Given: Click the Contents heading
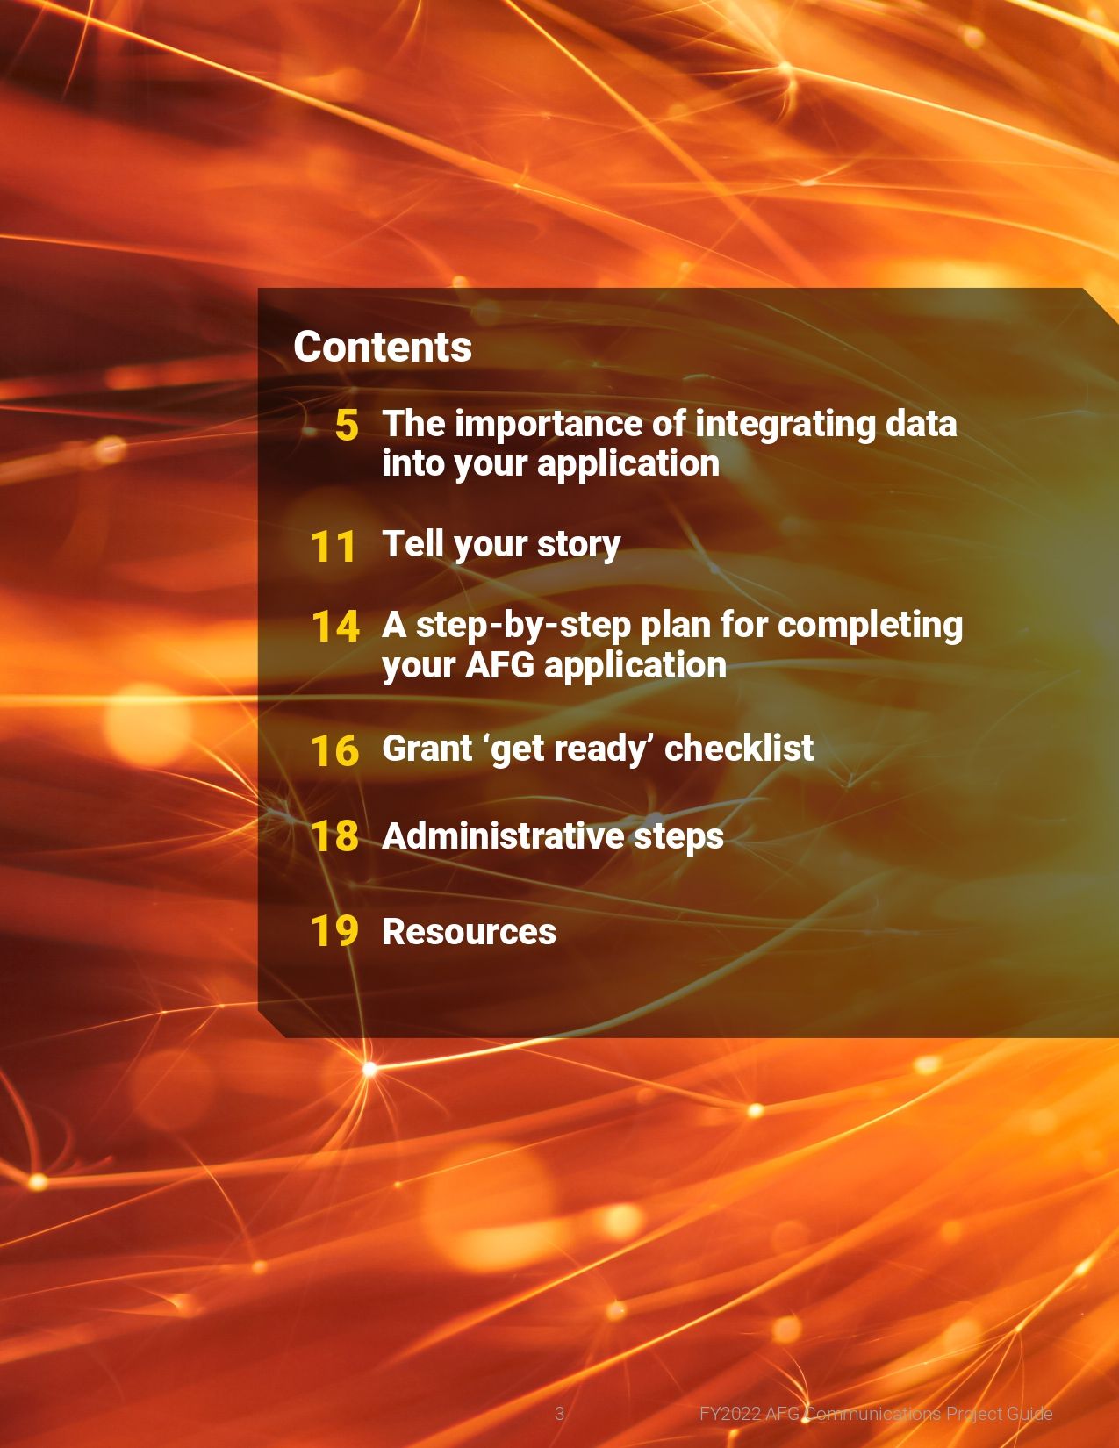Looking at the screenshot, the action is click(x=383, y=348).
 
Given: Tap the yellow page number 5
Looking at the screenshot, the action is click(x=347, y=425).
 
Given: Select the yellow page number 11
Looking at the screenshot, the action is click(x=333, y=547).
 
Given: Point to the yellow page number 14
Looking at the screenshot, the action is click(x=335, y=627).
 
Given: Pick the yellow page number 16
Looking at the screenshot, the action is click(x=335, y=751).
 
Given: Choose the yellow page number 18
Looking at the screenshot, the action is click(x=335, y=837).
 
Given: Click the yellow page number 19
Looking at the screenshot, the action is click(x=335, y=931).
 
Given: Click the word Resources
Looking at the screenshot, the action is click(x=470, y=931).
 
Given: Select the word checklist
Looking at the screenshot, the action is click(x=738, y=748).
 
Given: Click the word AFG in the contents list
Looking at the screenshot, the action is click(x=499, y=665).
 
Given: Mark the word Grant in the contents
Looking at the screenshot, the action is click(x=427, y=748).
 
